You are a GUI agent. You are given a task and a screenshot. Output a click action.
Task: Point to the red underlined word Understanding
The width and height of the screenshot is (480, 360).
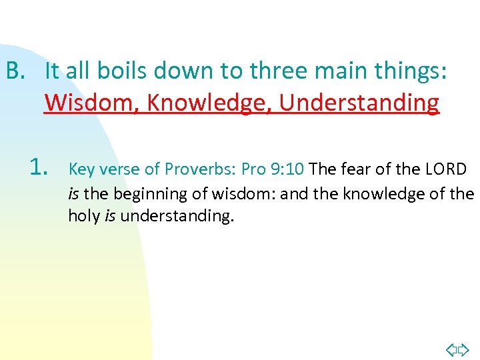[359, 103]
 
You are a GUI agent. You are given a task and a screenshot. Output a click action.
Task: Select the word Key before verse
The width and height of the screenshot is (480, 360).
[82, 169]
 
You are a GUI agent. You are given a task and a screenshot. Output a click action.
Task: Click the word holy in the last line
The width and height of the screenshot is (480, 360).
[84, 216]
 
